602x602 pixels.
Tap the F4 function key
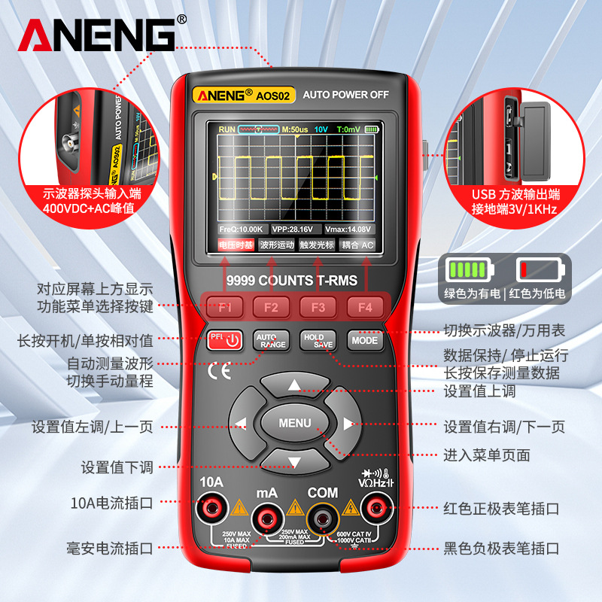coord(365,307)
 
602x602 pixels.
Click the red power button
coord(225,340)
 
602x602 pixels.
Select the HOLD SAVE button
coord(318,340)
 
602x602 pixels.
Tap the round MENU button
coord(294,423)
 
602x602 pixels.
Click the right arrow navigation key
coord(347,423)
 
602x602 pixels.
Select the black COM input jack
coord(323,516)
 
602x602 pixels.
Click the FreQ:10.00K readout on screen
coord(241,229)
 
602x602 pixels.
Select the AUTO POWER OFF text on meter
coord(345,95)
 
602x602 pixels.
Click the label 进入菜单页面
coord(487,455)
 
